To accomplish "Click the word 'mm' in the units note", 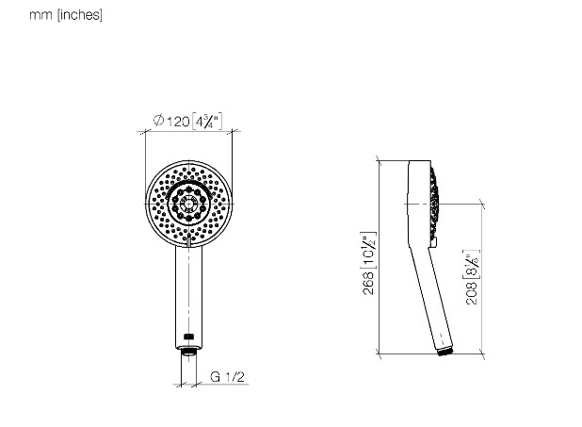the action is pos(40,15).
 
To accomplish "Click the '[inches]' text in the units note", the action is pos(80,15).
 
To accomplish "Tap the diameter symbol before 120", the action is pos(158,120).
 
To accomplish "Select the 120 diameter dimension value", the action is pos(178,122).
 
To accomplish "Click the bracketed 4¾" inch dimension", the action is pos(207,122).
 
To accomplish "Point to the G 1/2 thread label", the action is pos(227,376).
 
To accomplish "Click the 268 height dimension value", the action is pos(368,283).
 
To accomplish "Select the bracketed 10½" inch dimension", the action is pos(368,250).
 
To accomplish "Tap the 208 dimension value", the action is pos(472,293).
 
